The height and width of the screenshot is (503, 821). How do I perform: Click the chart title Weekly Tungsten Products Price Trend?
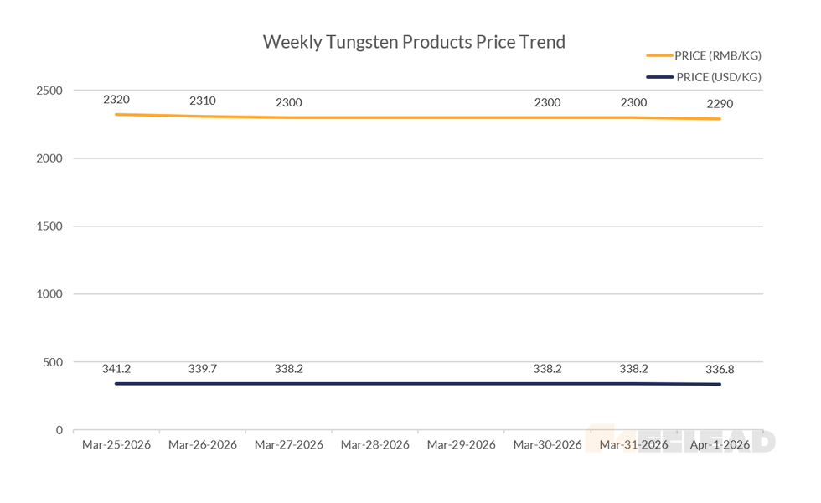tap(414, 42)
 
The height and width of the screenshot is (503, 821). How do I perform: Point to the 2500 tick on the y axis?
tap(50, 91)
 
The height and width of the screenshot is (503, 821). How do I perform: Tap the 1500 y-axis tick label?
tap(50, 226)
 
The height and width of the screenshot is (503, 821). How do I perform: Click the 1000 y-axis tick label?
tap(50, 294)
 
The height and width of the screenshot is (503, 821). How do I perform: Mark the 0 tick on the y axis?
tap(59, 430)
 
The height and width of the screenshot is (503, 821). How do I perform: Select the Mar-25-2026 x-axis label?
tap(116, 445)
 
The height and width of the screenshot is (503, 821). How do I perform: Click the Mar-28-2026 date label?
tap(375, 445)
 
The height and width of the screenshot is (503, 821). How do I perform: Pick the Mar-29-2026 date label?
tap(462, 445)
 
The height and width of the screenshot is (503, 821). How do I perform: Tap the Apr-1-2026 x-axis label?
tap(720, 445)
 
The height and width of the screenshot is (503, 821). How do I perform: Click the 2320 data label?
tap(116, 99)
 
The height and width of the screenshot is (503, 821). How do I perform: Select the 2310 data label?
tap(203, 101)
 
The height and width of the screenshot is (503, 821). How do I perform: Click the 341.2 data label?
tap(116, 368)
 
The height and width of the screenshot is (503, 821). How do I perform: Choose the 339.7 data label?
tap(203, 368)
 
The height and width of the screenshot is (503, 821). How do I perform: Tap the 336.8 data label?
tap(720, 368)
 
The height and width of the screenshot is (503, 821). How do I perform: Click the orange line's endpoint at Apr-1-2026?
tap(720, 119)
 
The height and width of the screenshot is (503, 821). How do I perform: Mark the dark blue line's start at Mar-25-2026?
tap(116, 384)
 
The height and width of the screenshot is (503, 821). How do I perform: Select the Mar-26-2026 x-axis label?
tap(203, 445)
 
